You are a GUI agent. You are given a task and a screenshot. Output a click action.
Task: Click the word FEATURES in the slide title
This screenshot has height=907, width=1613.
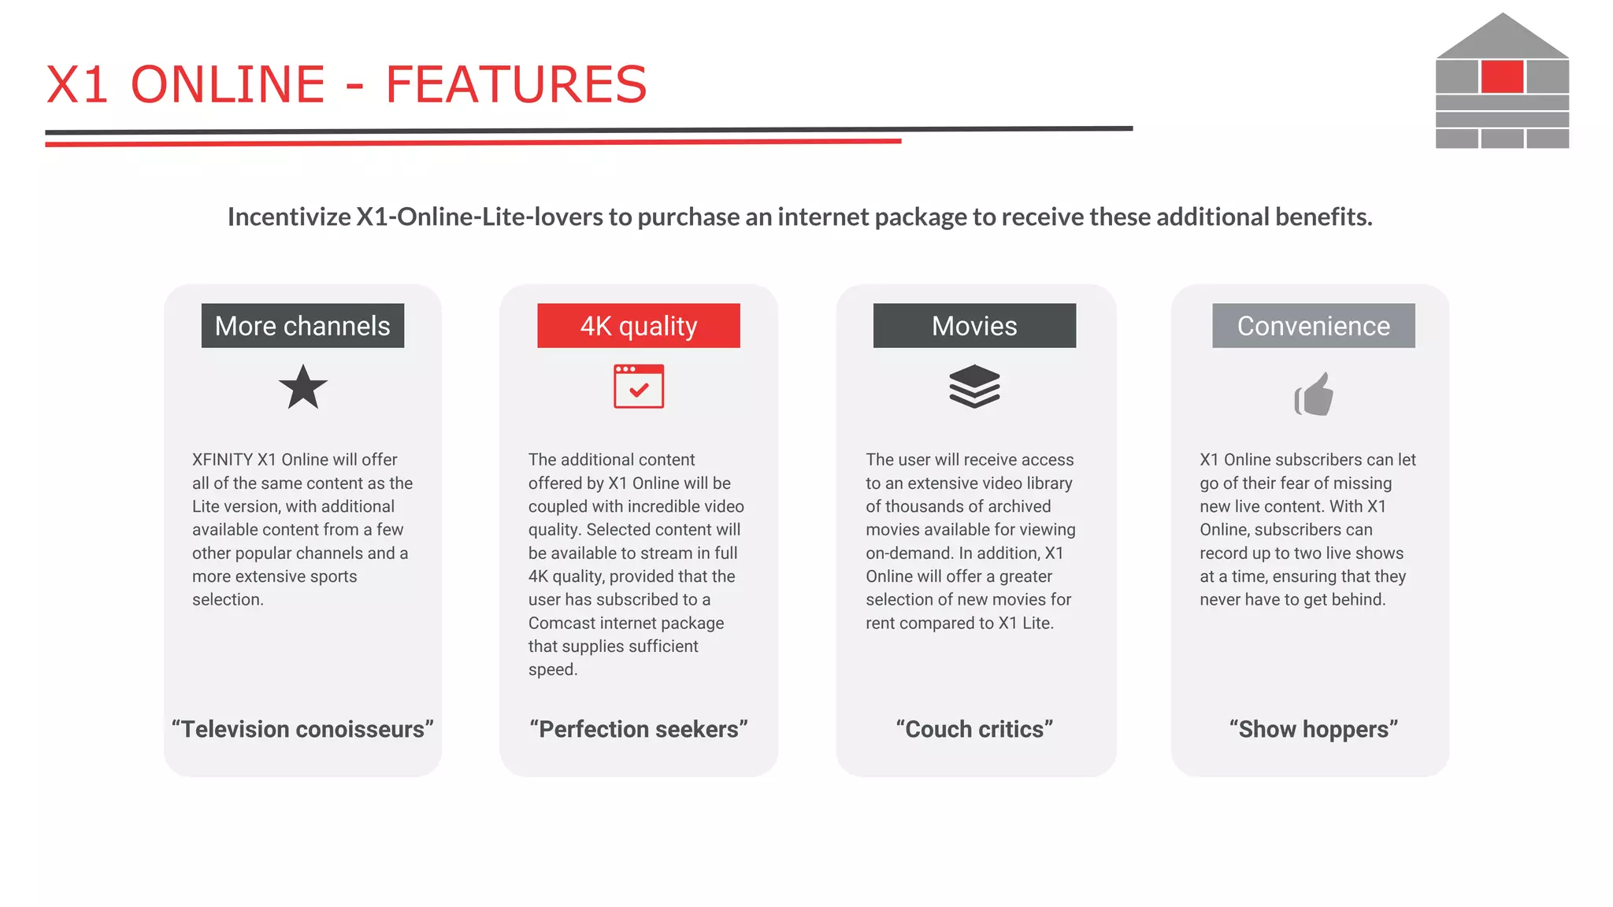click(x=516, y=85)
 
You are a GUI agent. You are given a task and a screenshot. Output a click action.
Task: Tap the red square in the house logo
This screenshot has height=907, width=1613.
click(x=1502, y=77)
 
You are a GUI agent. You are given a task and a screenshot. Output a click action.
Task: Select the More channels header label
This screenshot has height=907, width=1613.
click(x=302, y=326)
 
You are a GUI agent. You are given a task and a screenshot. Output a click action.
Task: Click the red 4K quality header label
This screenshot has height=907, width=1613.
click(x=639, y=326)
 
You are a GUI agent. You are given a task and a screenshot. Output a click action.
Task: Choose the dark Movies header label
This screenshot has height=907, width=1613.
click(x=974, y=326)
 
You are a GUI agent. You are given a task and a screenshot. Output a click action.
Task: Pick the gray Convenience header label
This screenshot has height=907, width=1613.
click(x=1313, y=326)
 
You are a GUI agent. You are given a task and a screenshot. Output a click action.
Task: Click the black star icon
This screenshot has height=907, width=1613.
click(x=303, y=387)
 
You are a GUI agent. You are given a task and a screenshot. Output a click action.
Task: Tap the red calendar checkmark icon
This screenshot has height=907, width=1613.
click(x=639, y=387)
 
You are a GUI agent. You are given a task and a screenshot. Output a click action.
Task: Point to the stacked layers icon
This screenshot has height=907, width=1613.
click(x=974, y=387)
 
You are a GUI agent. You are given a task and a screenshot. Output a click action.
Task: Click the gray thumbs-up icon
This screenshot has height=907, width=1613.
click(x=1314, y=394)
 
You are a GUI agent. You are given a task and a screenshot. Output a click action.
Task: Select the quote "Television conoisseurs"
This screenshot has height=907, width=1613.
click(x=302, y=729)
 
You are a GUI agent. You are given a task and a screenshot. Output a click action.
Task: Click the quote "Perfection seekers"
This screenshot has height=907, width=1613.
click(x=639, y=729)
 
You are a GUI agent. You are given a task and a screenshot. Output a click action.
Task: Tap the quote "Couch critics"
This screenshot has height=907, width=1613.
click(x=974, y=729)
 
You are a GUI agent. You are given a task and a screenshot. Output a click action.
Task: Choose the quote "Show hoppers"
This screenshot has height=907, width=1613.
click(x=1313, y=729)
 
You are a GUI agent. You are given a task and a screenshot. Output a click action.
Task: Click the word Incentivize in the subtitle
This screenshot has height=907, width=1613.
click(x=289, y=217)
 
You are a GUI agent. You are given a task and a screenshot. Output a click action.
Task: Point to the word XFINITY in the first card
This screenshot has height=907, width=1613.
click(x=222, y=460)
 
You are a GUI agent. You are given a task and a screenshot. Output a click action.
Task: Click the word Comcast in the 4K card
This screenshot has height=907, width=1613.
click(x=562, y=624)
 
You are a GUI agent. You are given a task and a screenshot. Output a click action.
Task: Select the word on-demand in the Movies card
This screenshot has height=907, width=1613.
click(x=909, y=553)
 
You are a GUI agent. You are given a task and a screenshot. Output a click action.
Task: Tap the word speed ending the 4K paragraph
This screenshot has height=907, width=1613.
click(x=552, y=670)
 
